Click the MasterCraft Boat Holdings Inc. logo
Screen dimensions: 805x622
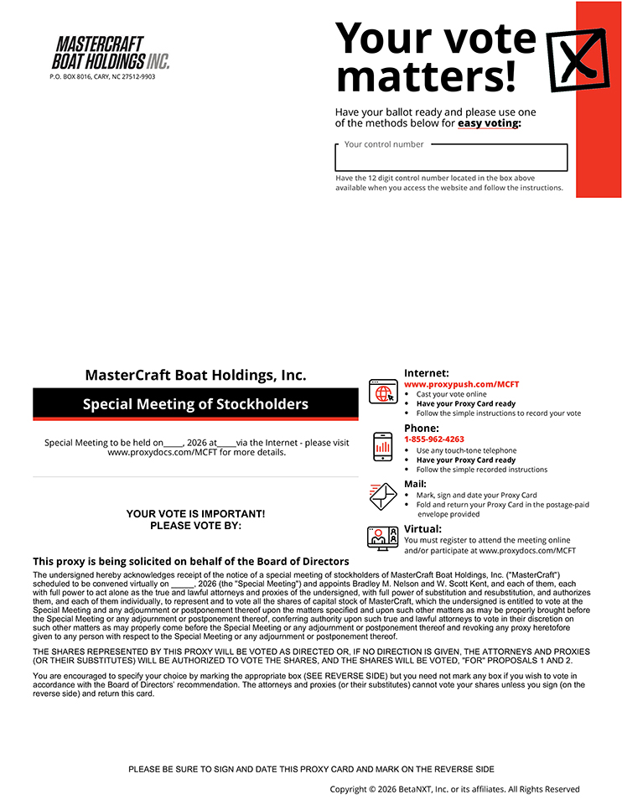[111, 53]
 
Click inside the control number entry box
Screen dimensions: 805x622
[451, 158]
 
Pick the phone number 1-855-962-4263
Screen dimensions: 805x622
[433, 439]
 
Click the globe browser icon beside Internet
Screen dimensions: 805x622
[383, 392]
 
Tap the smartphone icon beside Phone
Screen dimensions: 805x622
[383, 447]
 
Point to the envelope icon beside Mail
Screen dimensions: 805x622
[383, 496]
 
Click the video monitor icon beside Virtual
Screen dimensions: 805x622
[383, 538]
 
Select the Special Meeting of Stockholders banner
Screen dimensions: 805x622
[195, 404]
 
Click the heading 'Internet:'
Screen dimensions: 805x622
[426, 373]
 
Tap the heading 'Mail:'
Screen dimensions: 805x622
[415, 484]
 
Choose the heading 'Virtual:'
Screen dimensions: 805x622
[422, 529]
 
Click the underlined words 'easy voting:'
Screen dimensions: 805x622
[489, 123]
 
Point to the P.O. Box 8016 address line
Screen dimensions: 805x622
[102, 76]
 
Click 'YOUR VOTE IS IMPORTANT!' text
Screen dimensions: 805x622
[195, 513]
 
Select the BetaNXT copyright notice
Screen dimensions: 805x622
[454, 789]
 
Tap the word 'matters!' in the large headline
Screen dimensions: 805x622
[426, 76]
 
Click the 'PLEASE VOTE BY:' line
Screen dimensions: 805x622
[195, 526]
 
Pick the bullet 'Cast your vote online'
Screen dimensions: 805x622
[451, 394]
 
